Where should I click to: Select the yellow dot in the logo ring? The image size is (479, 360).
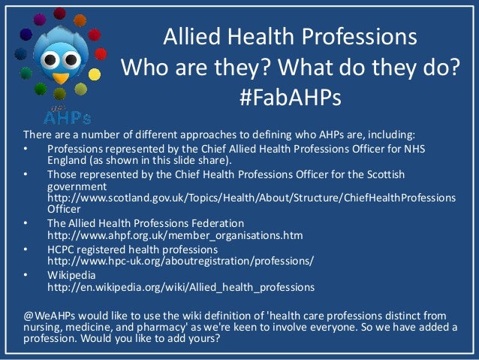click(x=94, y=74)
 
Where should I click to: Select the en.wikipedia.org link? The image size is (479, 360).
click(x=181, y=287)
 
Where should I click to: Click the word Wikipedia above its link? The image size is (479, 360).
click(x=72, y=274)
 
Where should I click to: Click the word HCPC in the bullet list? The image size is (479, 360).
click(x=63, y=249)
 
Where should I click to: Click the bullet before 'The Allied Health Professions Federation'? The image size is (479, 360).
click(x=28, y=223)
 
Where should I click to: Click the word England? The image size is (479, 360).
click(x=68, y=160)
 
